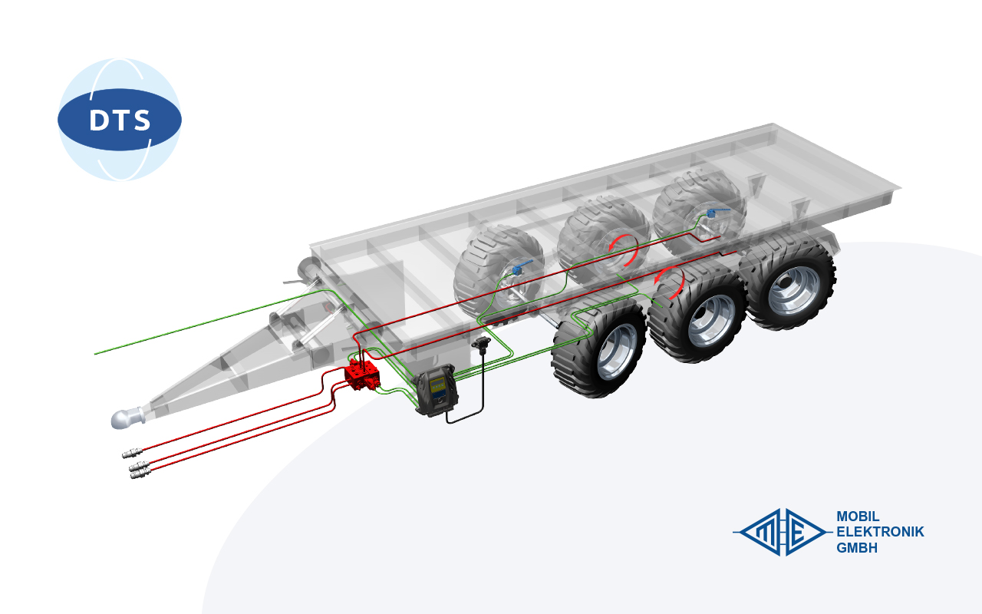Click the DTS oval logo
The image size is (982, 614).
(119, 119)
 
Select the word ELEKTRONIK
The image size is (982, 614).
(880, 532)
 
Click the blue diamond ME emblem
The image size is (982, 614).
(782, 532)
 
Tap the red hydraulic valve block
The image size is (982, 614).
(363, 375)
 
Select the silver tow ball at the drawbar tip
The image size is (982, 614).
(127, 418)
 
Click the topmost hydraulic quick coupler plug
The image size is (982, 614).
(133, 453)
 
